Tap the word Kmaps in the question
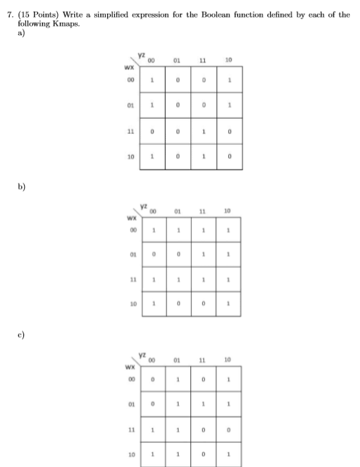pos(66,24)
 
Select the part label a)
pos(21,33)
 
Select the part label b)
pos(21,187)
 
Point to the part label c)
pos(21,335)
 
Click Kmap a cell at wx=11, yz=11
pos(203,131)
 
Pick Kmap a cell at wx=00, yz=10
pos(229,80)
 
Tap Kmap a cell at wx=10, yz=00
pos(153,157)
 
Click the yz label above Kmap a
pos(142,55)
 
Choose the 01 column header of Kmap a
pos(177,60)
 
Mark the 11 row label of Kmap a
pos(131,131)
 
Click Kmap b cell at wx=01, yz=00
pos(154,254)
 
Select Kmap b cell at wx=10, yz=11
pos(203,304)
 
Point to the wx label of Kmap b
pos(132,218)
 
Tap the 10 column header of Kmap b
pos(227,211)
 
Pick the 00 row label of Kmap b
pos(133,230)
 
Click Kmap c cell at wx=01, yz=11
pos(203,404)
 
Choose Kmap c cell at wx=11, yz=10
pos(229,429)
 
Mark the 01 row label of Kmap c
pos(131,404)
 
